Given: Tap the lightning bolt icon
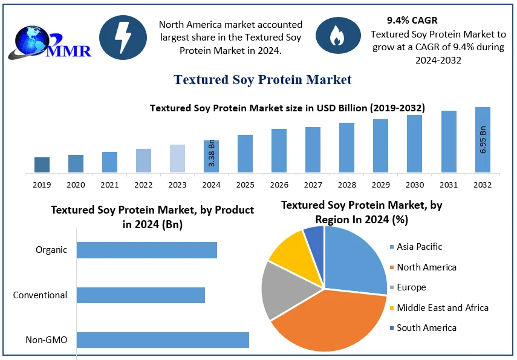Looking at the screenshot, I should [123, 38].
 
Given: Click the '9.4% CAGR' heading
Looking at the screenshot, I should [412, 21].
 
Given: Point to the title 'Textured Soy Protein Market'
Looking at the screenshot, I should [262, 80].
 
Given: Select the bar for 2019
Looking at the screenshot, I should [42, 165].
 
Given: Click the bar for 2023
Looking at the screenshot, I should [177, 159].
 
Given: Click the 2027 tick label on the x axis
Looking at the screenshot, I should [313, 185].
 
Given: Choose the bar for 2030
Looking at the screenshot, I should [414, 144].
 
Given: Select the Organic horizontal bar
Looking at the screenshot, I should [147, 250].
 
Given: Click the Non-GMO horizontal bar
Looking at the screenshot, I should [163, 340].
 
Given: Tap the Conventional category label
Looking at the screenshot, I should [40, 295].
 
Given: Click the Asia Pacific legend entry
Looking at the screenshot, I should [418, 247].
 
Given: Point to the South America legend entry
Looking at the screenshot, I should [426, 328].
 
